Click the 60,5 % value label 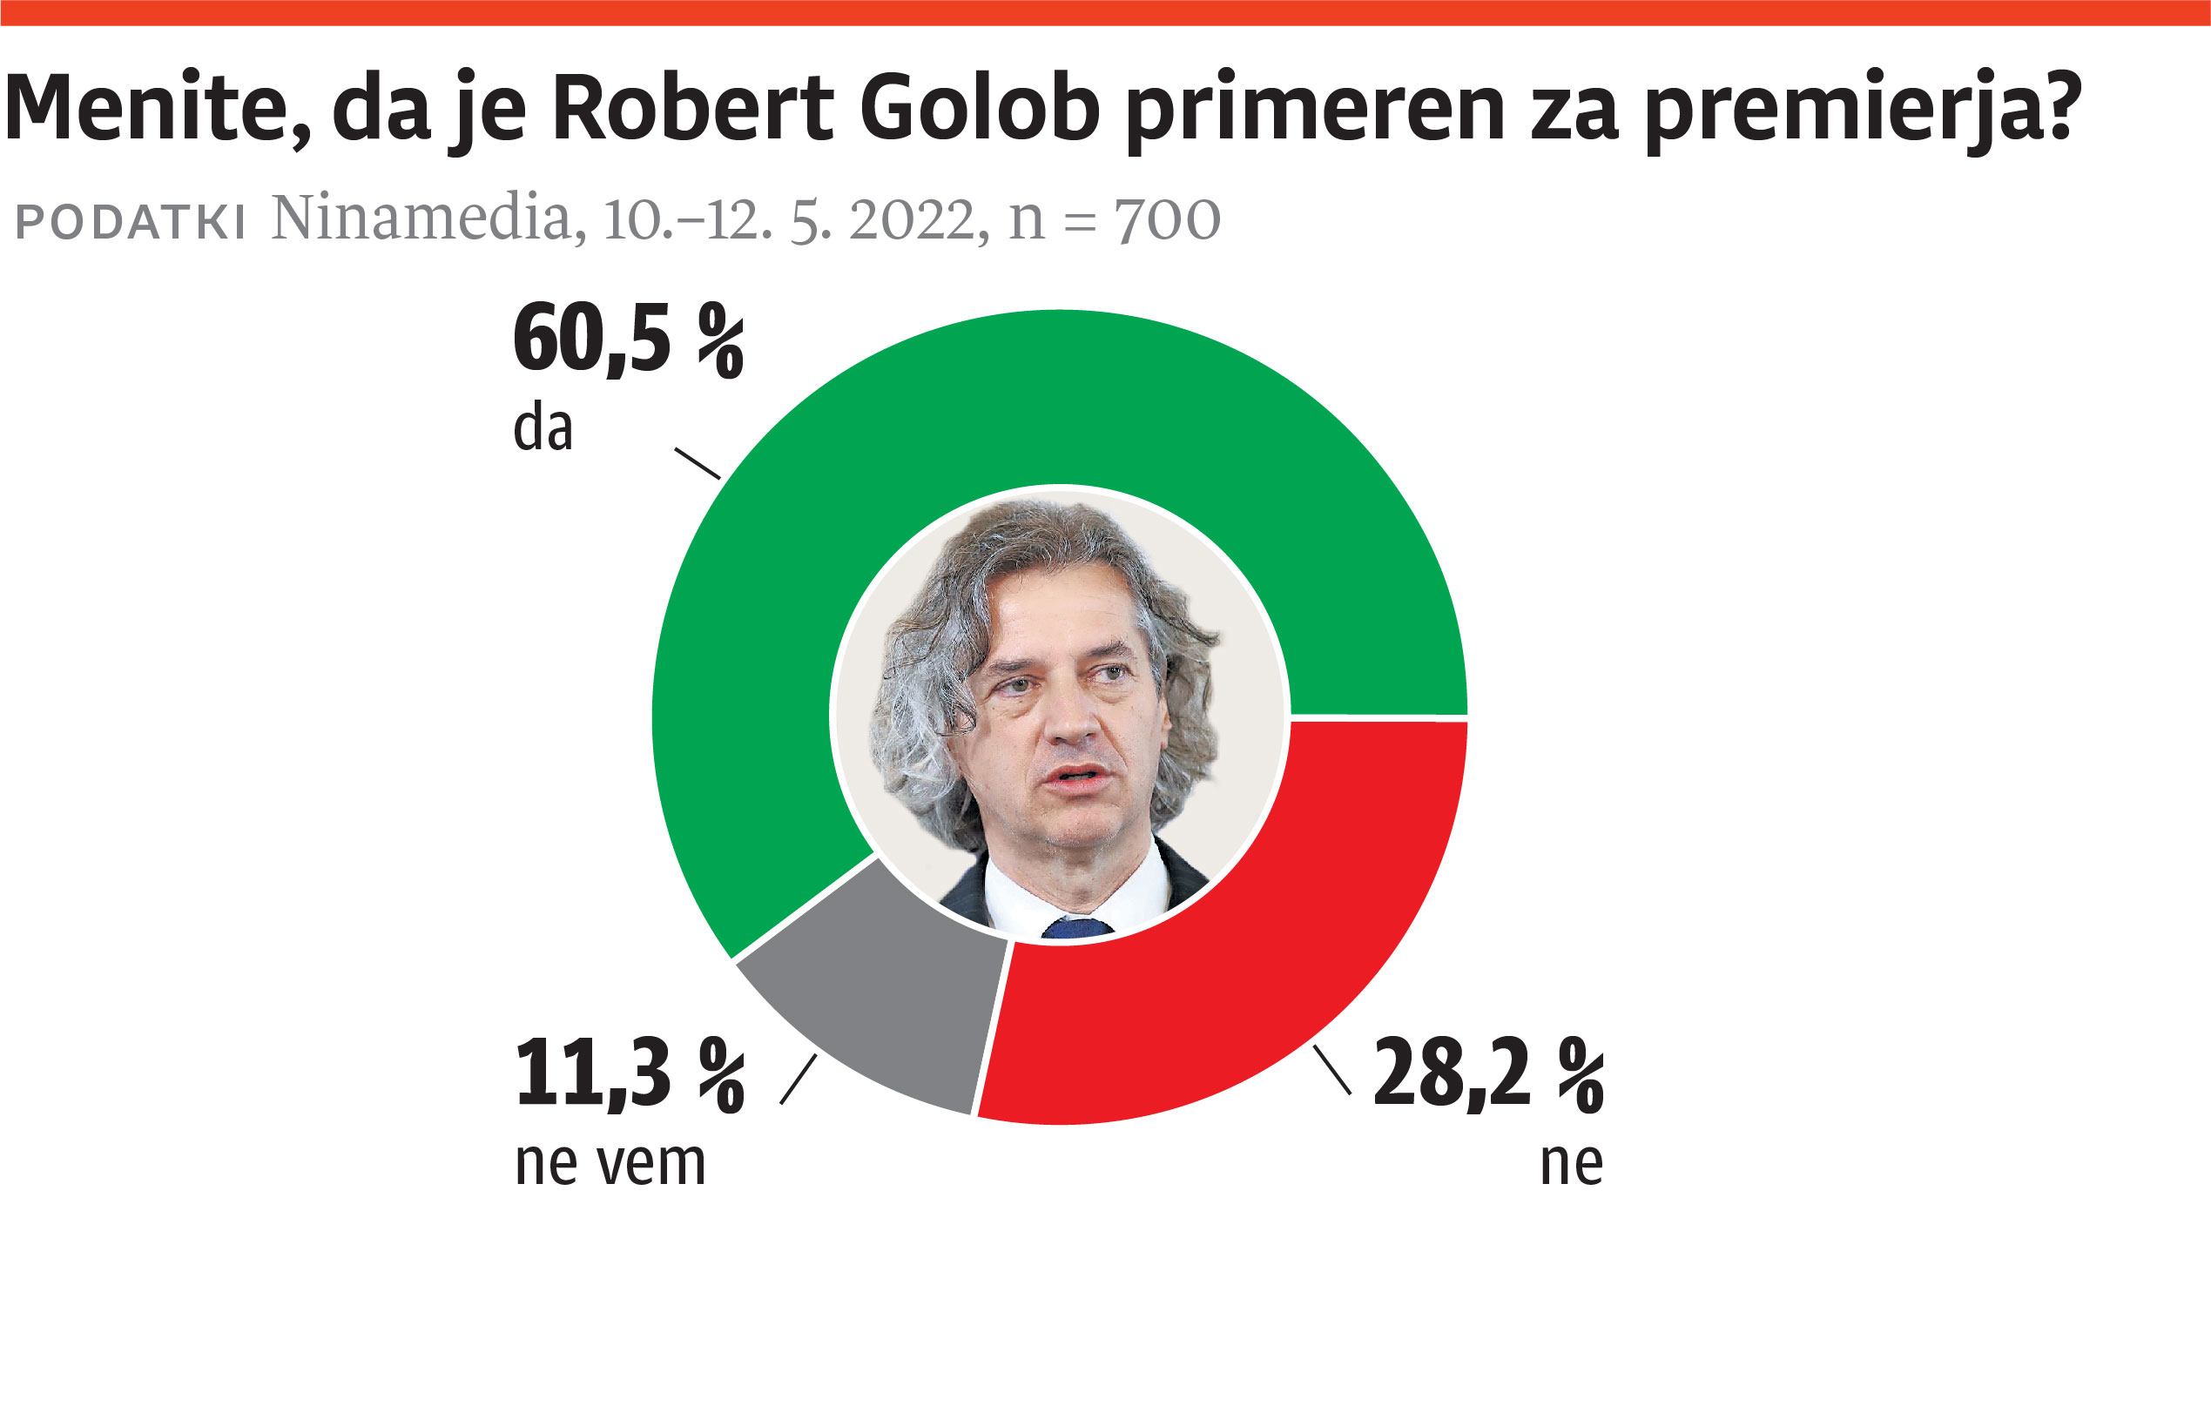pyautogui.click(x=628, y=340)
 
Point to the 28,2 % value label pyautogui.click(x=1488, y=1073)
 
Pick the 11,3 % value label pyautogui.click(x=630, y=1073)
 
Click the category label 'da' pyautogui.click(x=543, y=428)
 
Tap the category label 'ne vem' pyautogui.click(x=610, y=1164)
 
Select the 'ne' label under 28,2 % pyautogui.click(x=1572, y=1164)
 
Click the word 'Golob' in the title pyautogui.click(x=980, y=108)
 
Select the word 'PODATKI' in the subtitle pyautogui.click(x=131, y=222)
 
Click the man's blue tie pyautogui.click(x=1076, y=928)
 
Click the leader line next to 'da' pyautogui.click(x=697, y=463)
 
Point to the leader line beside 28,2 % pyautogui.click(x=1332, y=1070)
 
